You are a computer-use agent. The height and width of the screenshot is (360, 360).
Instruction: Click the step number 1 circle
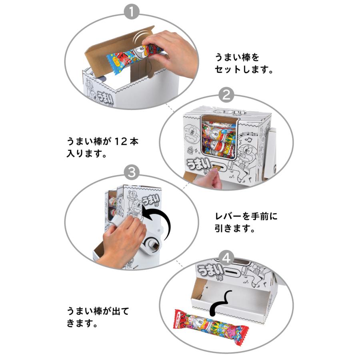tap(132, 12)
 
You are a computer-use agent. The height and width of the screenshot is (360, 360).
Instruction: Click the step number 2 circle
tap(226, 95)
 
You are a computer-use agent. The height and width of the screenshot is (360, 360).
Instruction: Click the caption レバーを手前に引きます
tap(246, 222)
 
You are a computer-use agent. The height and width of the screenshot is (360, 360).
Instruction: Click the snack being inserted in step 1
tap(134, 56)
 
